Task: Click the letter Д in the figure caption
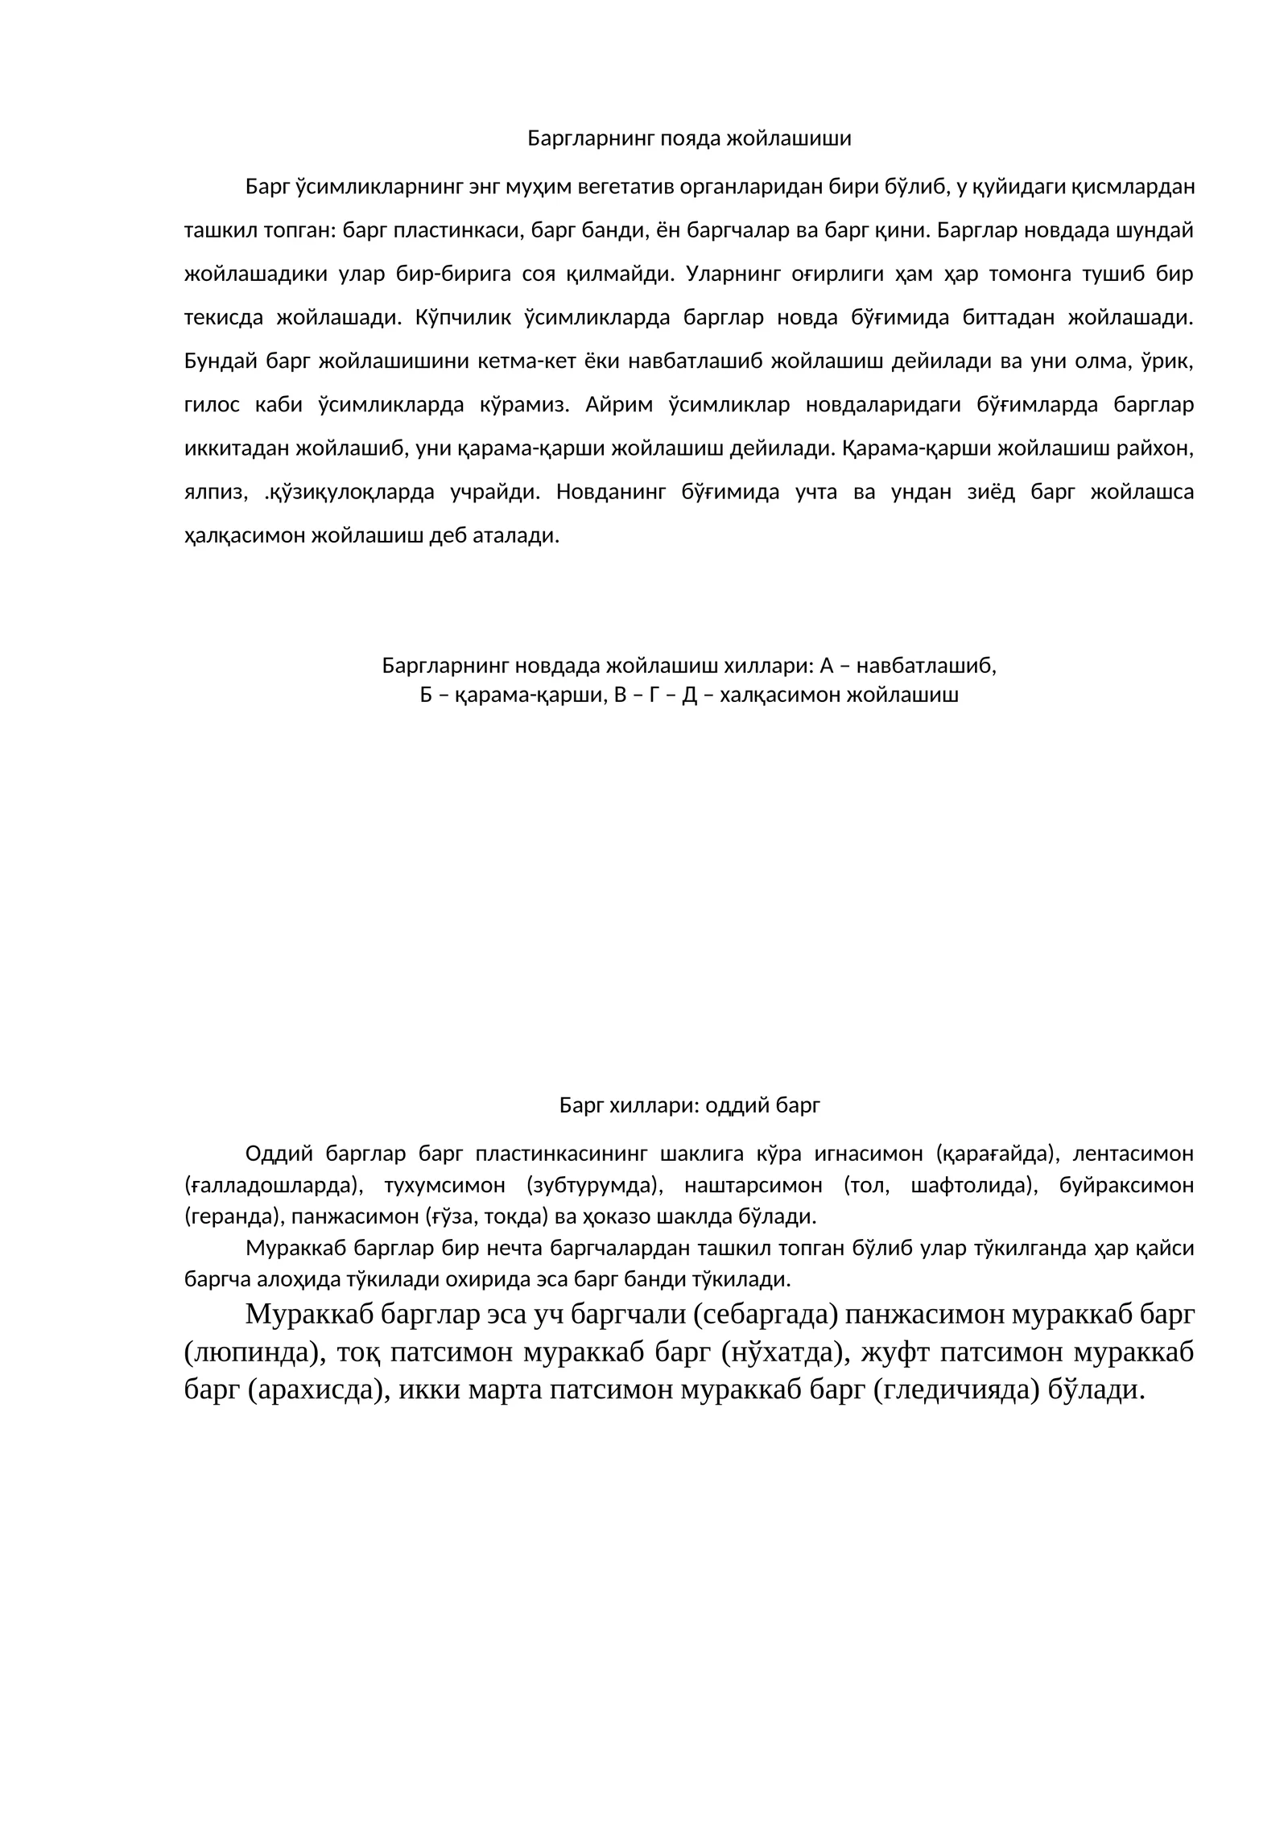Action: pyautogui.click(x=689, y=695)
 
